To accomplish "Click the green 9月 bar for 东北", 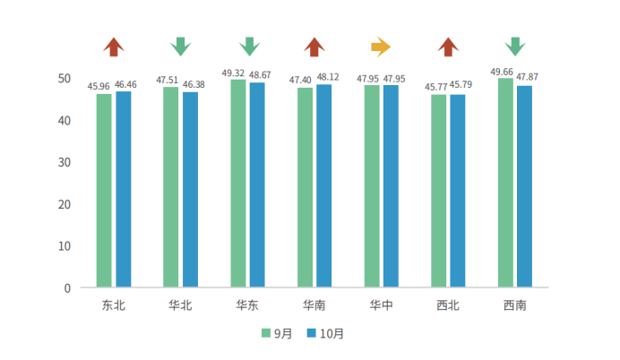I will click(x=104, y=190).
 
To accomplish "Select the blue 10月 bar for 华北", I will click(x=190, y=189).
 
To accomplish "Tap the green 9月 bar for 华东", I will click(x=237, y=184).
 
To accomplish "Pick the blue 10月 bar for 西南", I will click(x=524, y=186).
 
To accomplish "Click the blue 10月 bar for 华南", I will click(x=323, y=185).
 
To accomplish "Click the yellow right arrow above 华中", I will click(x=381, y=47).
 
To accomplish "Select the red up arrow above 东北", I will click(x=113, y=47).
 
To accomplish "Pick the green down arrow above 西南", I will click(x=514, y=47).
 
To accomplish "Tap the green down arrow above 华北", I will click(x=180, y=47).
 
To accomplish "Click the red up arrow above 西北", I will click(x=448, y=47).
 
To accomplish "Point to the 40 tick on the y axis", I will click(x=65, y=120).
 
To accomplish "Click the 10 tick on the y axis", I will click(x=65, y=245).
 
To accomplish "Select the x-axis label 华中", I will click(x=381, y=305).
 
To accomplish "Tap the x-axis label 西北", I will click(x=448, y=305).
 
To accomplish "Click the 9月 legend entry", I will click(x=277, y=333).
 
